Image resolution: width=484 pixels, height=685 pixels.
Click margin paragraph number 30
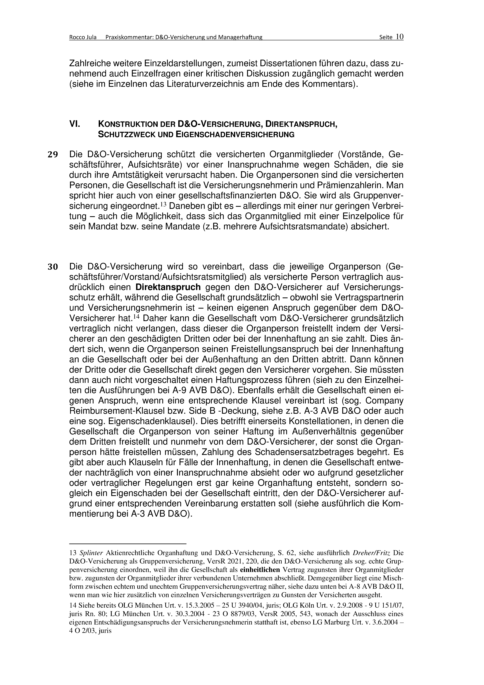click(x=53, y=267)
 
